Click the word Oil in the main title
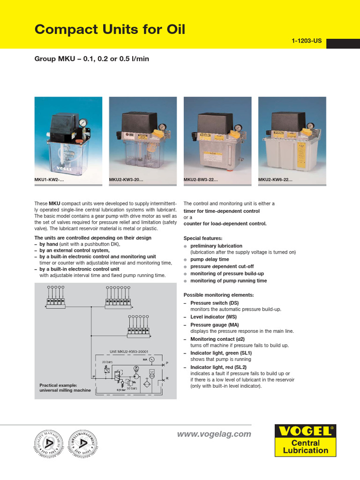pos(171,30)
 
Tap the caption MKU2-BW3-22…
pos(200,180)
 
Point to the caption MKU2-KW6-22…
pos(275,180)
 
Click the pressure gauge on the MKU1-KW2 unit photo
pos(83,123)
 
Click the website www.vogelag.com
pos(214,434)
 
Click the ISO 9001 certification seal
pos(48,444)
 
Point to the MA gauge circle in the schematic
pos(151,360)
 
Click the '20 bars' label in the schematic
pos(108,362)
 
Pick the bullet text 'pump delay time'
pos(210,259)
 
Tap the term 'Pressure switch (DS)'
pos(214,303)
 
